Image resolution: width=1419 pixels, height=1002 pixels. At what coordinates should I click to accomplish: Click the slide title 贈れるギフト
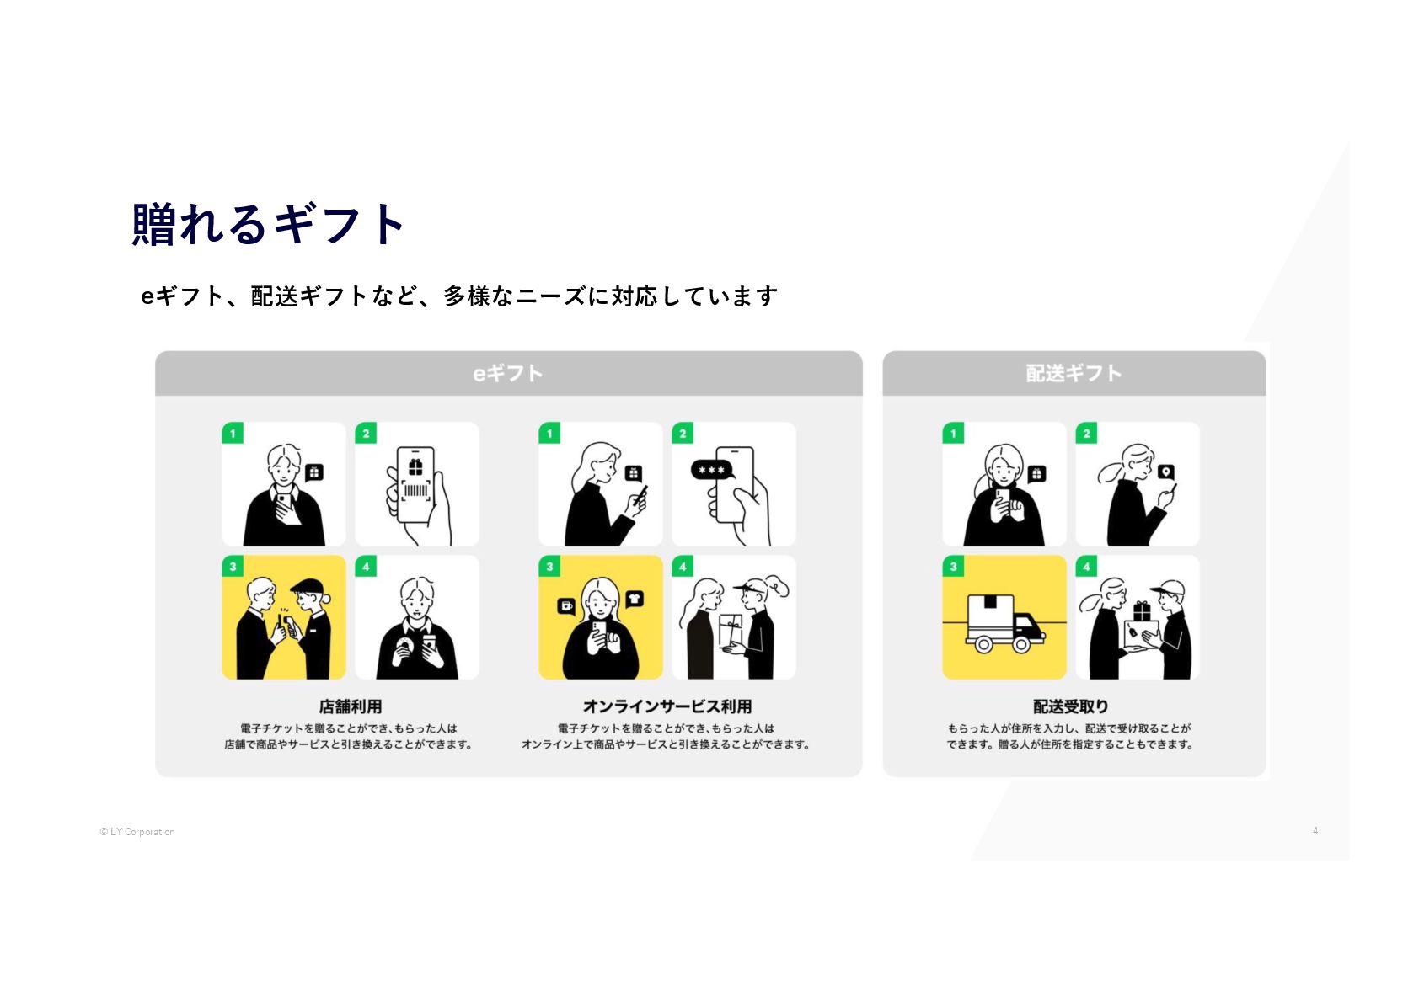269,225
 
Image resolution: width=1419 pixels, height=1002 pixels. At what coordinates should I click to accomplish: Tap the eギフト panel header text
507,373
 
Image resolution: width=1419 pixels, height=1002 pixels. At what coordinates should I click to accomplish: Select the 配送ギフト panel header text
1074,373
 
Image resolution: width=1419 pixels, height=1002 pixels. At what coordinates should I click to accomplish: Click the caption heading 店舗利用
350,706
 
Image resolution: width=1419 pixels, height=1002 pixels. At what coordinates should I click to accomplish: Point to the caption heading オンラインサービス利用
667,706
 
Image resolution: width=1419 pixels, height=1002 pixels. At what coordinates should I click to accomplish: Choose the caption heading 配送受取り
1070,706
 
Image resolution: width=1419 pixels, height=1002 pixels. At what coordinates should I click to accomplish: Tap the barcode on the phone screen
416,490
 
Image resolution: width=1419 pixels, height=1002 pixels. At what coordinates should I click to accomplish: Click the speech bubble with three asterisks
712,470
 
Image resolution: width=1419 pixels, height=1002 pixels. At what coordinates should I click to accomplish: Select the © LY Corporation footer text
137,832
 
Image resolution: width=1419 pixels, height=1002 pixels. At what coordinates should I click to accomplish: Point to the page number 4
1315,831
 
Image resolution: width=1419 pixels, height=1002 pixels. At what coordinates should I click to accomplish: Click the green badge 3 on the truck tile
953,567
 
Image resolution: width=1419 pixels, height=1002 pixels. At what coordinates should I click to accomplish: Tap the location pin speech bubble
1165,472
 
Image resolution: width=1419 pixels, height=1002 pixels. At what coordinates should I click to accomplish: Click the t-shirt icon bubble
635,599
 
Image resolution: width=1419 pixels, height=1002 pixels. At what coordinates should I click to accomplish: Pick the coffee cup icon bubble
566,605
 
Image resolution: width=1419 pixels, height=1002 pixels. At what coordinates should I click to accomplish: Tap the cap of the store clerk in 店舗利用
307,586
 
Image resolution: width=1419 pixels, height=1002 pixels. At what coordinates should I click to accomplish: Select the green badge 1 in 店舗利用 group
233,434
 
